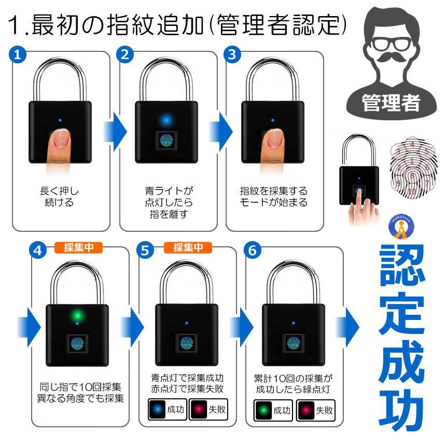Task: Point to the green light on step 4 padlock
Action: coord(77,315)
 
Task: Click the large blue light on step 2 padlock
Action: coord(166,120)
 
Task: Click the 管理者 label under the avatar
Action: coord(392,101)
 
